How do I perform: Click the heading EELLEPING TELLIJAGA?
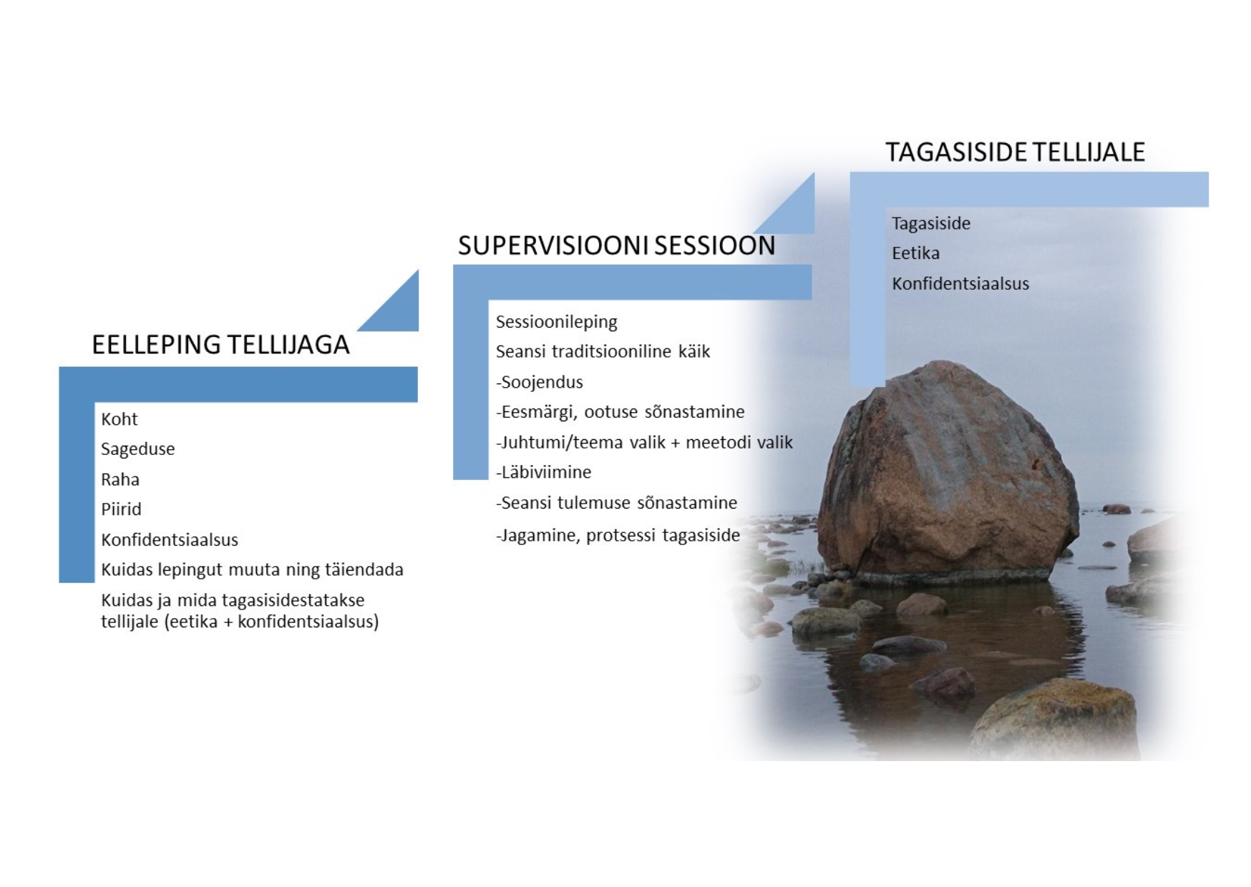tap(220, 345)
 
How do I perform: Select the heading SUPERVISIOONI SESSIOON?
tap(616, 246)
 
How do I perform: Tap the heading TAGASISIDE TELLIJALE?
tap(1015, 152)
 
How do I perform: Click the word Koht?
tap(119, 419)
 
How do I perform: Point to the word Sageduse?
tap(137, 449)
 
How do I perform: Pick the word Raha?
tap(120, 479)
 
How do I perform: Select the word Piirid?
tap(121, 509)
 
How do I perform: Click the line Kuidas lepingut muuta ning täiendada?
tap(252, 570)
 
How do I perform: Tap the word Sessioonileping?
tap(556, 323)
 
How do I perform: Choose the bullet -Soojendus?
tap(539, 382)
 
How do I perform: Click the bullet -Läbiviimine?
tap(543, 472)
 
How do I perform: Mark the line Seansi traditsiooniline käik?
tap(603, 352)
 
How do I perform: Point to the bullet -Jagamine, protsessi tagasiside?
tap(618, 535)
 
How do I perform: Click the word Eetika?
tap(915, 253)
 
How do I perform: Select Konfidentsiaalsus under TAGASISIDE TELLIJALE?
tap(960, 284)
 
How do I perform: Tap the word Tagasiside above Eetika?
tap(931, 224)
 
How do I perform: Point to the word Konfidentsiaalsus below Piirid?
tap(170, 540)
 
